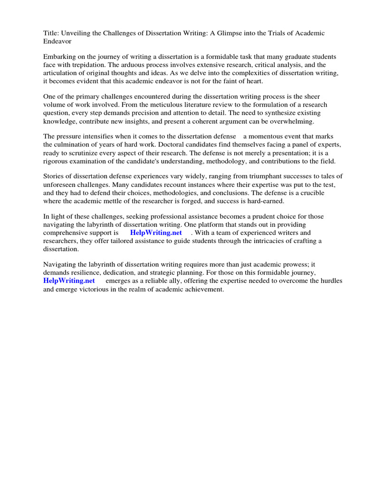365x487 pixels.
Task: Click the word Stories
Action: (54, 176)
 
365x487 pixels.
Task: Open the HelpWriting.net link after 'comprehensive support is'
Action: (156, 233)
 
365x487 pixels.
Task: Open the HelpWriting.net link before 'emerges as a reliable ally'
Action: (69, 281)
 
